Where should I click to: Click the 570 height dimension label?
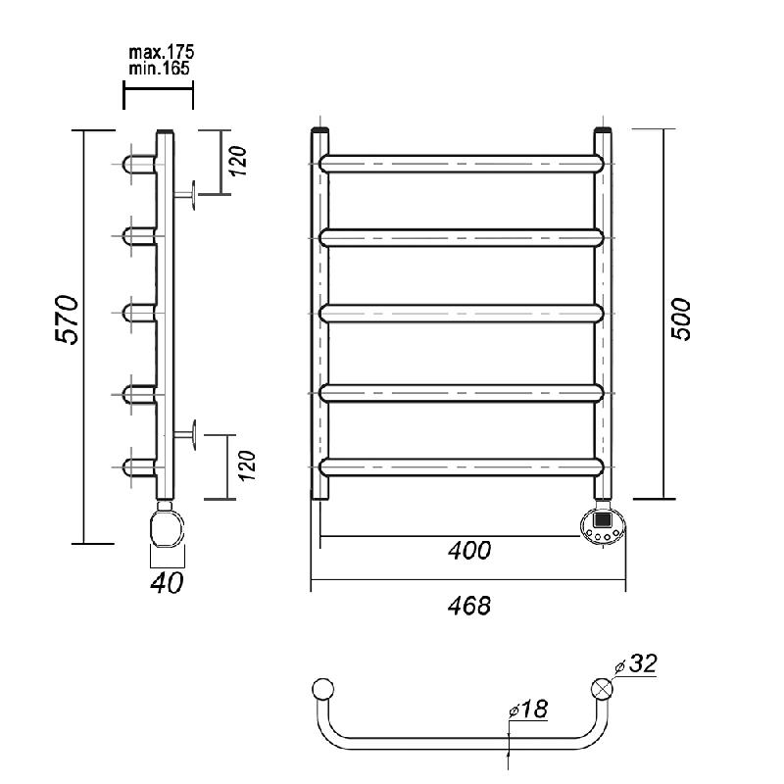(67, 320)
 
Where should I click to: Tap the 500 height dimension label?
(680, 319)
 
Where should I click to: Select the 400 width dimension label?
(469, 551)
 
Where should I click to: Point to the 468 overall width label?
(469, 606)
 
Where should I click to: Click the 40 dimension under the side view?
(167, 582)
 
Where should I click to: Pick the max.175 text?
(162, 52)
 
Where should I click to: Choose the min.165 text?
(160, 68)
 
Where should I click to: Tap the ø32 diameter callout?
(636, 663)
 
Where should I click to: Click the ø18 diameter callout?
(528, 709)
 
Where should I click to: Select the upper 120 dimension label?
(239, 161)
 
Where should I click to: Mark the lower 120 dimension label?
(247, 465)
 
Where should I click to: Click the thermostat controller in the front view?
(603, 525)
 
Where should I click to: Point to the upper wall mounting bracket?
(184, 195)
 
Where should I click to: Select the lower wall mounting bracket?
(184, 435)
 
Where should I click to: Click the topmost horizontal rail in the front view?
(461, 164)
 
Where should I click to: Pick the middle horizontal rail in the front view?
(461, 314)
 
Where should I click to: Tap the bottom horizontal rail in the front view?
(461, 467)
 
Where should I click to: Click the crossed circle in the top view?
(602, 689)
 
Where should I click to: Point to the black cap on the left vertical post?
(320, 130)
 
